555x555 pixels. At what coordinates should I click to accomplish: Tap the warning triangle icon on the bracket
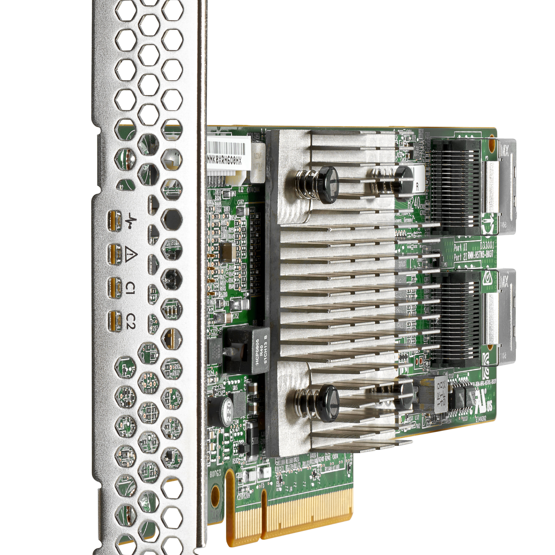pyautogui.click(x=129, y=254)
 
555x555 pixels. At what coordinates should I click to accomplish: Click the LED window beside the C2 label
pyautogui.click(x=115, y=321)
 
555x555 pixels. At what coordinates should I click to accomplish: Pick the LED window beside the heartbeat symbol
pyautogui.click(x=115, y=221)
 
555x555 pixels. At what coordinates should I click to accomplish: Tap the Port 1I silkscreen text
pyautogui.click(x=460, y=248)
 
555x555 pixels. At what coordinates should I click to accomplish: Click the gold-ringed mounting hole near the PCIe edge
pyautogui.click(x=215, y=493)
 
